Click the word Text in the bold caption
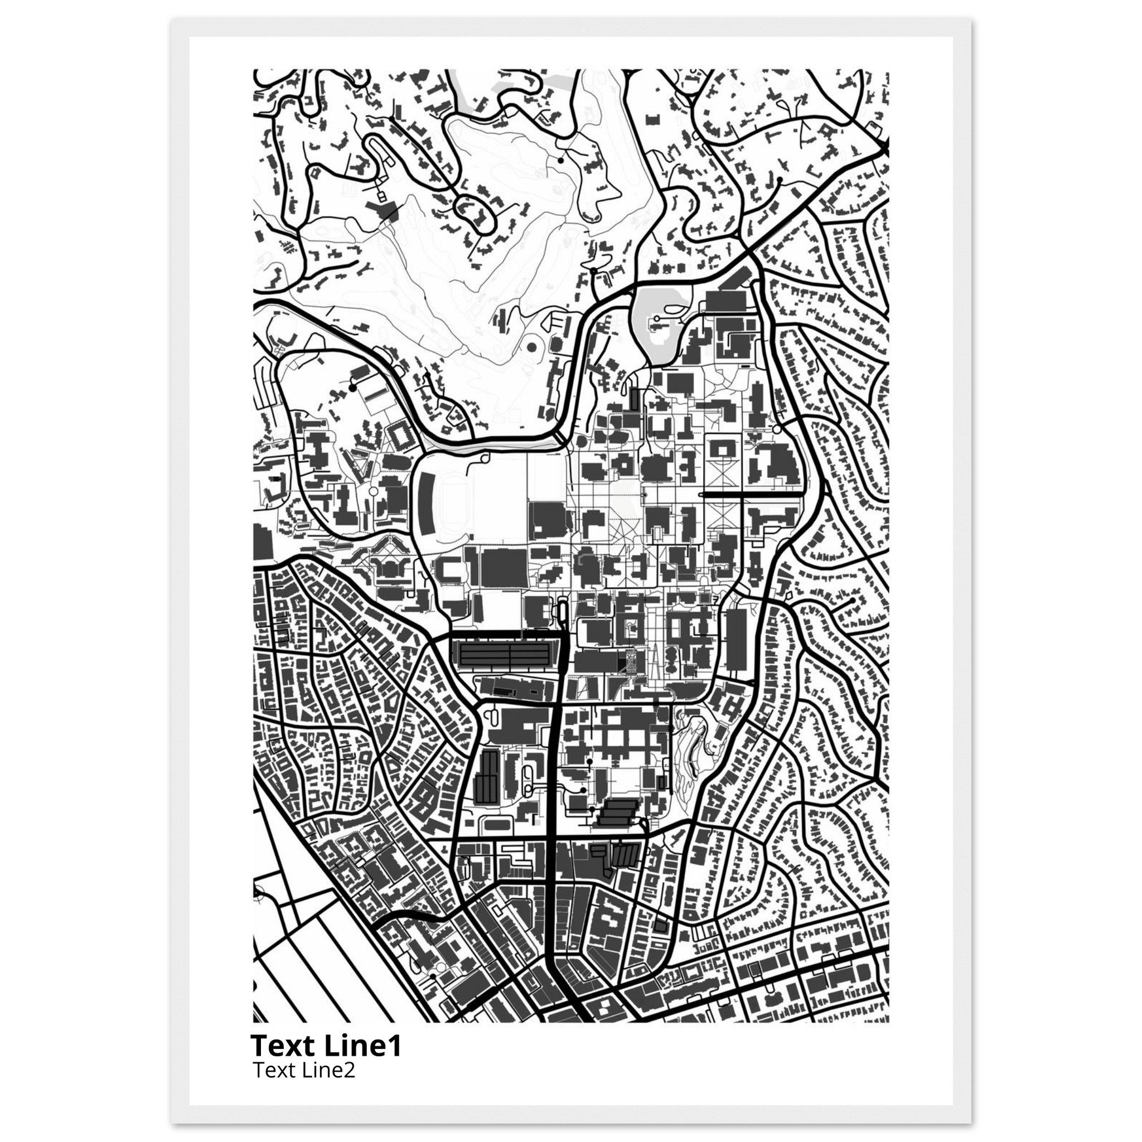click(x=284, y=1046)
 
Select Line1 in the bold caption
click(x=363, y=1046)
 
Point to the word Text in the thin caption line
click(x=273, y=1071)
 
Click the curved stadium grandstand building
click(x=427, y=497)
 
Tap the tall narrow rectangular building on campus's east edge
click(x=736, y=641)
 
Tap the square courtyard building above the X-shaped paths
click(x=722, y=451)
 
